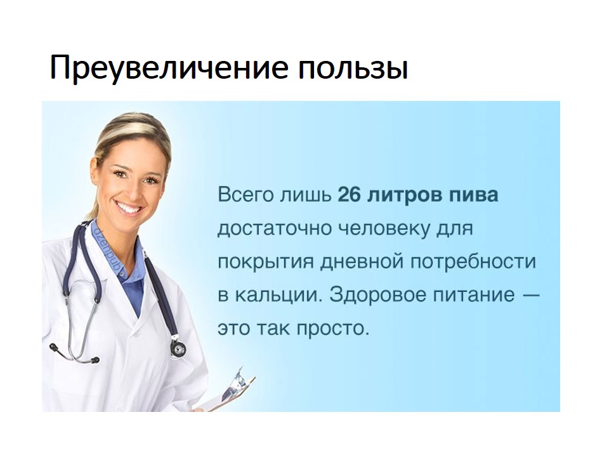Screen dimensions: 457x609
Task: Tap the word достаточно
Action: (x=270, y=228)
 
